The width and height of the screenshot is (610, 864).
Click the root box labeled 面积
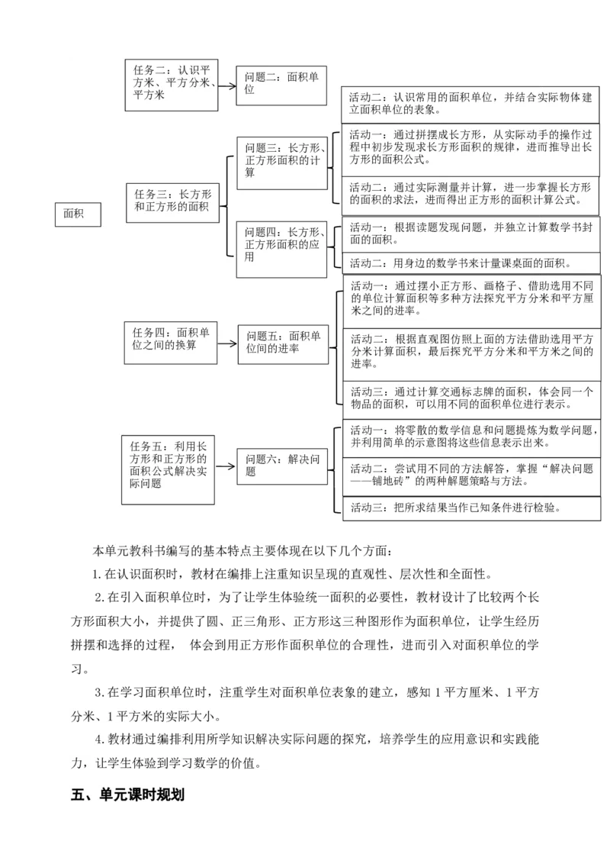77,215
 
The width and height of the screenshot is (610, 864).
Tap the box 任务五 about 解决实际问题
169,469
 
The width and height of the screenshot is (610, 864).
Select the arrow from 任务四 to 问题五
227,342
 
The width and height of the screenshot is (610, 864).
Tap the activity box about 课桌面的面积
470,263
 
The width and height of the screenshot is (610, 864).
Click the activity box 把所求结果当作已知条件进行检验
470,508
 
